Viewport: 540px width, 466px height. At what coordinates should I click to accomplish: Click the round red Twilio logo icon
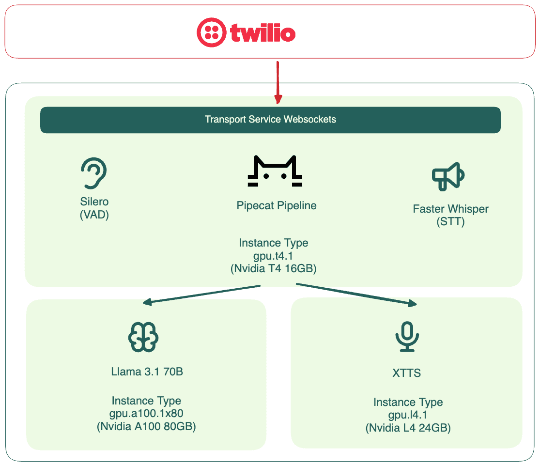coord(211,32)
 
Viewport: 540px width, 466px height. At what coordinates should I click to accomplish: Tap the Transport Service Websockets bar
coord(270,120)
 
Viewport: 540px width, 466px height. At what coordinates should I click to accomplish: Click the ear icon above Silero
coord(93,173)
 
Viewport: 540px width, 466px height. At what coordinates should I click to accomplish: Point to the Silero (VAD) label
coord(94,208)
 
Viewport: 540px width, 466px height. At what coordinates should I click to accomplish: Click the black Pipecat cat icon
coord(275,171)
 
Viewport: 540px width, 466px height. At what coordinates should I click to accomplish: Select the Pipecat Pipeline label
coord(277,205)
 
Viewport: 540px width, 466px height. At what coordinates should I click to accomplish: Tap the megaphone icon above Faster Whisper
coord(448,177)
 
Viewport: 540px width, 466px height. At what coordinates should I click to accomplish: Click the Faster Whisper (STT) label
coord(450,216)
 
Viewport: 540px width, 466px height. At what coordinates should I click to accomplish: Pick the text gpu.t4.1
coord(274,255)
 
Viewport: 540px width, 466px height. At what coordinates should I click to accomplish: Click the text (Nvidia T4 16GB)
coord(274,268)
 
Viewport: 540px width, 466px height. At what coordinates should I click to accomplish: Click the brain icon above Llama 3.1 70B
coord(143,337)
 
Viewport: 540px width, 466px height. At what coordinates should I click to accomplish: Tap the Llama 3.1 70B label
coord(147,372)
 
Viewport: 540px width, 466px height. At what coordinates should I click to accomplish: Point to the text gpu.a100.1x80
coord(146,414)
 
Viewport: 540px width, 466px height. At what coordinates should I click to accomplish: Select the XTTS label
coord(406,373)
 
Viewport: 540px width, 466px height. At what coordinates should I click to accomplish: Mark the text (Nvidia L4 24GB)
coord(408,428)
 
